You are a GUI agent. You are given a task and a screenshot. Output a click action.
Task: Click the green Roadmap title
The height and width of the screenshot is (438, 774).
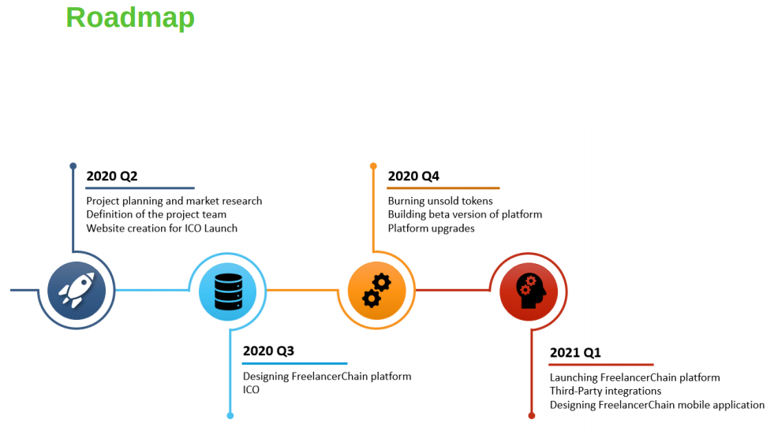point(130,19)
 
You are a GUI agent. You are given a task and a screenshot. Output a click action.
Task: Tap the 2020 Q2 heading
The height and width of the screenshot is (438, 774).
point(111,176)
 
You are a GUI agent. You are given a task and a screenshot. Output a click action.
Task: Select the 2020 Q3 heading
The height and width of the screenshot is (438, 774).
point(268,351)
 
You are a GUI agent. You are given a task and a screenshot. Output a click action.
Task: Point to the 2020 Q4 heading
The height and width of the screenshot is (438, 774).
point(413,176)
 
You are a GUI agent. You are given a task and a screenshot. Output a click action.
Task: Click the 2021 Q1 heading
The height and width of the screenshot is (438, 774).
point(575,353)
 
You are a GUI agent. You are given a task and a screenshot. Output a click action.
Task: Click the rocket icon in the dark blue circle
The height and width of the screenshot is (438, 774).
point(77,291)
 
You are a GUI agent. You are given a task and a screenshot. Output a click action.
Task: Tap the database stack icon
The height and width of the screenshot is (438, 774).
point(229,291)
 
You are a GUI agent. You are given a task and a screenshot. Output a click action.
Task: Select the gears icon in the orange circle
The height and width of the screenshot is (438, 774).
point(376,291)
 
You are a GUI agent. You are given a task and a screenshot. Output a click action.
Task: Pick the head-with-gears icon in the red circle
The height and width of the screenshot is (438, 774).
point(530,291)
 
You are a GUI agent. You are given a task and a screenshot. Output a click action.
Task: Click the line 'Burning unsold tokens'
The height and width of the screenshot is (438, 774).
point(440,201)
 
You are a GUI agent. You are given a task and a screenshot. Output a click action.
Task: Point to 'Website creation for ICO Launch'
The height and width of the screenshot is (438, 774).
point(162,228)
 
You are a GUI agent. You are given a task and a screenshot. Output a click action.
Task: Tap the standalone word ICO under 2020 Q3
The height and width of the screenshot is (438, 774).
point(251,390)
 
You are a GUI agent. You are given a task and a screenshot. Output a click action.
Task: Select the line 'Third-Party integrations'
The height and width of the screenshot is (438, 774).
point(605,392)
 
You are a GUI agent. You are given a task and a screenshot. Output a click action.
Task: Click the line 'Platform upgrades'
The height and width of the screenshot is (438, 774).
point(431,228)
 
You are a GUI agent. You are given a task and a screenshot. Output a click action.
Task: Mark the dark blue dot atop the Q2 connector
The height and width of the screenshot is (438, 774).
point(73,166)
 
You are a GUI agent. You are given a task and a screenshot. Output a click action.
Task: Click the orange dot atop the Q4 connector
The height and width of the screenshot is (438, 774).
point(374,166)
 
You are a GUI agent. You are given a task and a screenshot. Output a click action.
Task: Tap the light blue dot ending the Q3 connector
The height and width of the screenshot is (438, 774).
point(230,416)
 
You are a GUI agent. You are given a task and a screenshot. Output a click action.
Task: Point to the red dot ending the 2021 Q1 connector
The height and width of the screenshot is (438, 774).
point(532,416)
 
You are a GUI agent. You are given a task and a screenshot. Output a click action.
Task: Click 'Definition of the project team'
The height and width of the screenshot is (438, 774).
point(156,215)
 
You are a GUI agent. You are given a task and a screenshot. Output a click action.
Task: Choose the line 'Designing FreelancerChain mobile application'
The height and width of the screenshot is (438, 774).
point(657,405)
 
